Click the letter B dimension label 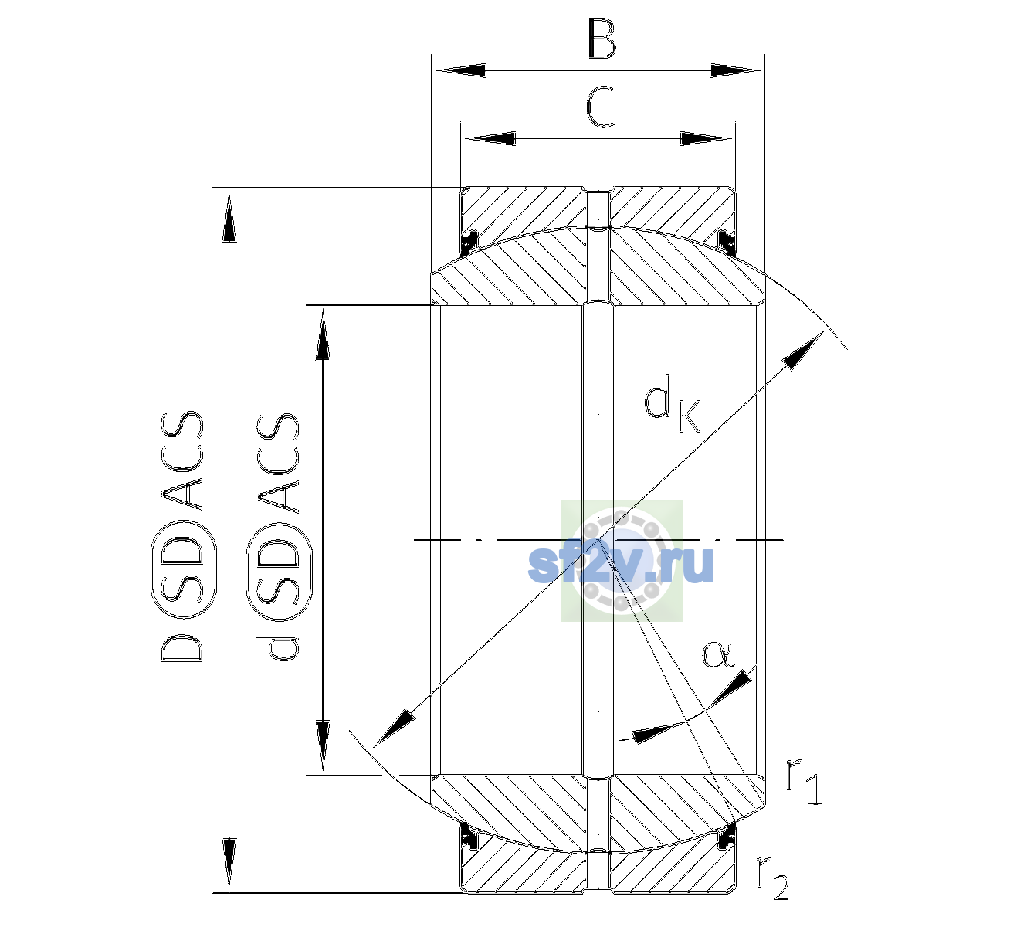pos(602,39)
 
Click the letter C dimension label pos(600,107)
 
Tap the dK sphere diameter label pos(672,405)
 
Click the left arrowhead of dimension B pos(459,70)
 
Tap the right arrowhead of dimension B pos(734,70)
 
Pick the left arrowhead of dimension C pos(490,138)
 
